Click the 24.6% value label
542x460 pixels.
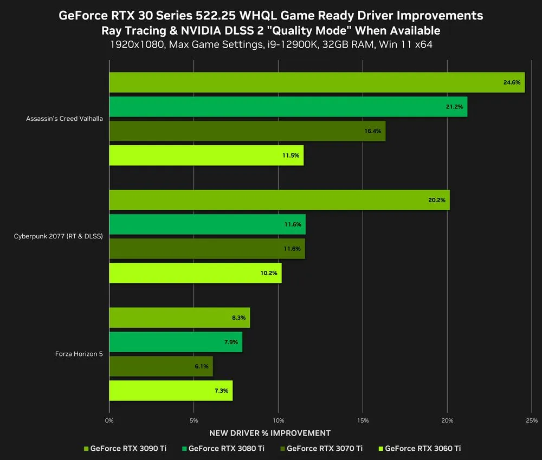coord(512,82)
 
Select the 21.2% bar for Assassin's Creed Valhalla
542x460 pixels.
coord(288,107)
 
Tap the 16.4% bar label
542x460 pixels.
coord(373,131)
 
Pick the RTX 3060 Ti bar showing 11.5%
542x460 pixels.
coord(206,156)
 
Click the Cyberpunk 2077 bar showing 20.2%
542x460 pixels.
coord(279,200)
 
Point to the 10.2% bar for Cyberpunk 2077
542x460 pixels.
coord(195,273)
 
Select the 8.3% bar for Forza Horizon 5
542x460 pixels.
coord(179,318)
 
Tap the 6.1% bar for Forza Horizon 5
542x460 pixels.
coord(161,366)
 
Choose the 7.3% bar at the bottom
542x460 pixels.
coord(171,391)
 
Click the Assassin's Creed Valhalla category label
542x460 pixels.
coord(64,119)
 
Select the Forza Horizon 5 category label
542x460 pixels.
coord(79,354)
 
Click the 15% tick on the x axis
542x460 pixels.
coord(363,420)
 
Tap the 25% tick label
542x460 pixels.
coord(532,420)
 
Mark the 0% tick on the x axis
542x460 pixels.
coord(109,420)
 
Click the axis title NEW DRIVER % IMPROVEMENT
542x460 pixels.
coord(270,433)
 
